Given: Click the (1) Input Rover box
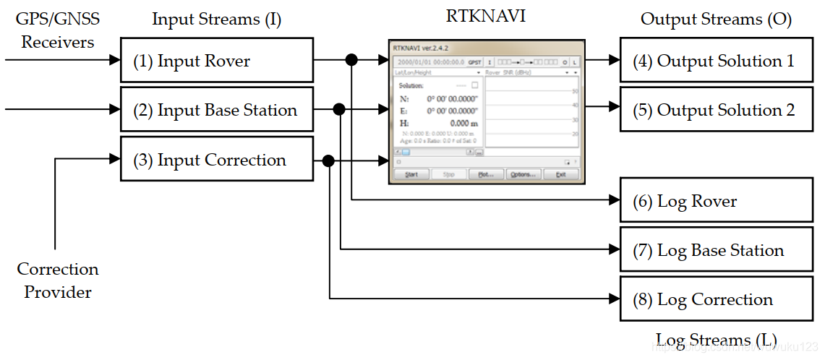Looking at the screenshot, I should pyautogui.click(x=216, y=61).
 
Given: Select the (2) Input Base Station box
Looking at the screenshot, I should pyautogui.click(x=216, y=110).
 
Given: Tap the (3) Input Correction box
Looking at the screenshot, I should pyautogui.click(x=216, y=160).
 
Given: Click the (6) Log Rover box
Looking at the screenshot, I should pyautogui.click(x=716, y=201).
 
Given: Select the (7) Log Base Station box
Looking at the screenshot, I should pyautogui.click(x=716, y=250).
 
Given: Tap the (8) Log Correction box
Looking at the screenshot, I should pyautogui.click(x=716, y=299).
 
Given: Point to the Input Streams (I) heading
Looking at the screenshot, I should pyautogui.click(x=216, y=19).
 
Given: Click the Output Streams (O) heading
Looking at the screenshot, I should pyautogui.click(x=716, y=19).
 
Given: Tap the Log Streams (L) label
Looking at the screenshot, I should pyautogui.click(x=716, y=340).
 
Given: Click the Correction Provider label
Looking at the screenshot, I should pyautogui.click(x=58, y=280).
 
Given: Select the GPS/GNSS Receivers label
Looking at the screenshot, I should pyautogui.click(x=58, y=30).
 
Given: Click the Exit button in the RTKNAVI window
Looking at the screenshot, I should pyautogui.click(x=560, y=174).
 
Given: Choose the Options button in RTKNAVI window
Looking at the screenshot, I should pyautogui.click(x=522, y=174).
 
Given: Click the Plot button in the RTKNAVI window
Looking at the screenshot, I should pyautogui.click(x=485, y=174).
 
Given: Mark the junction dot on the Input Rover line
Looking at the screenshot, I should pyautogui.click(x=351, y=61).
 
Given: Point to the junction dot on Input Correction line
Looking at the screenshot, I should pyautogui.click(x=329, y=160).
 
